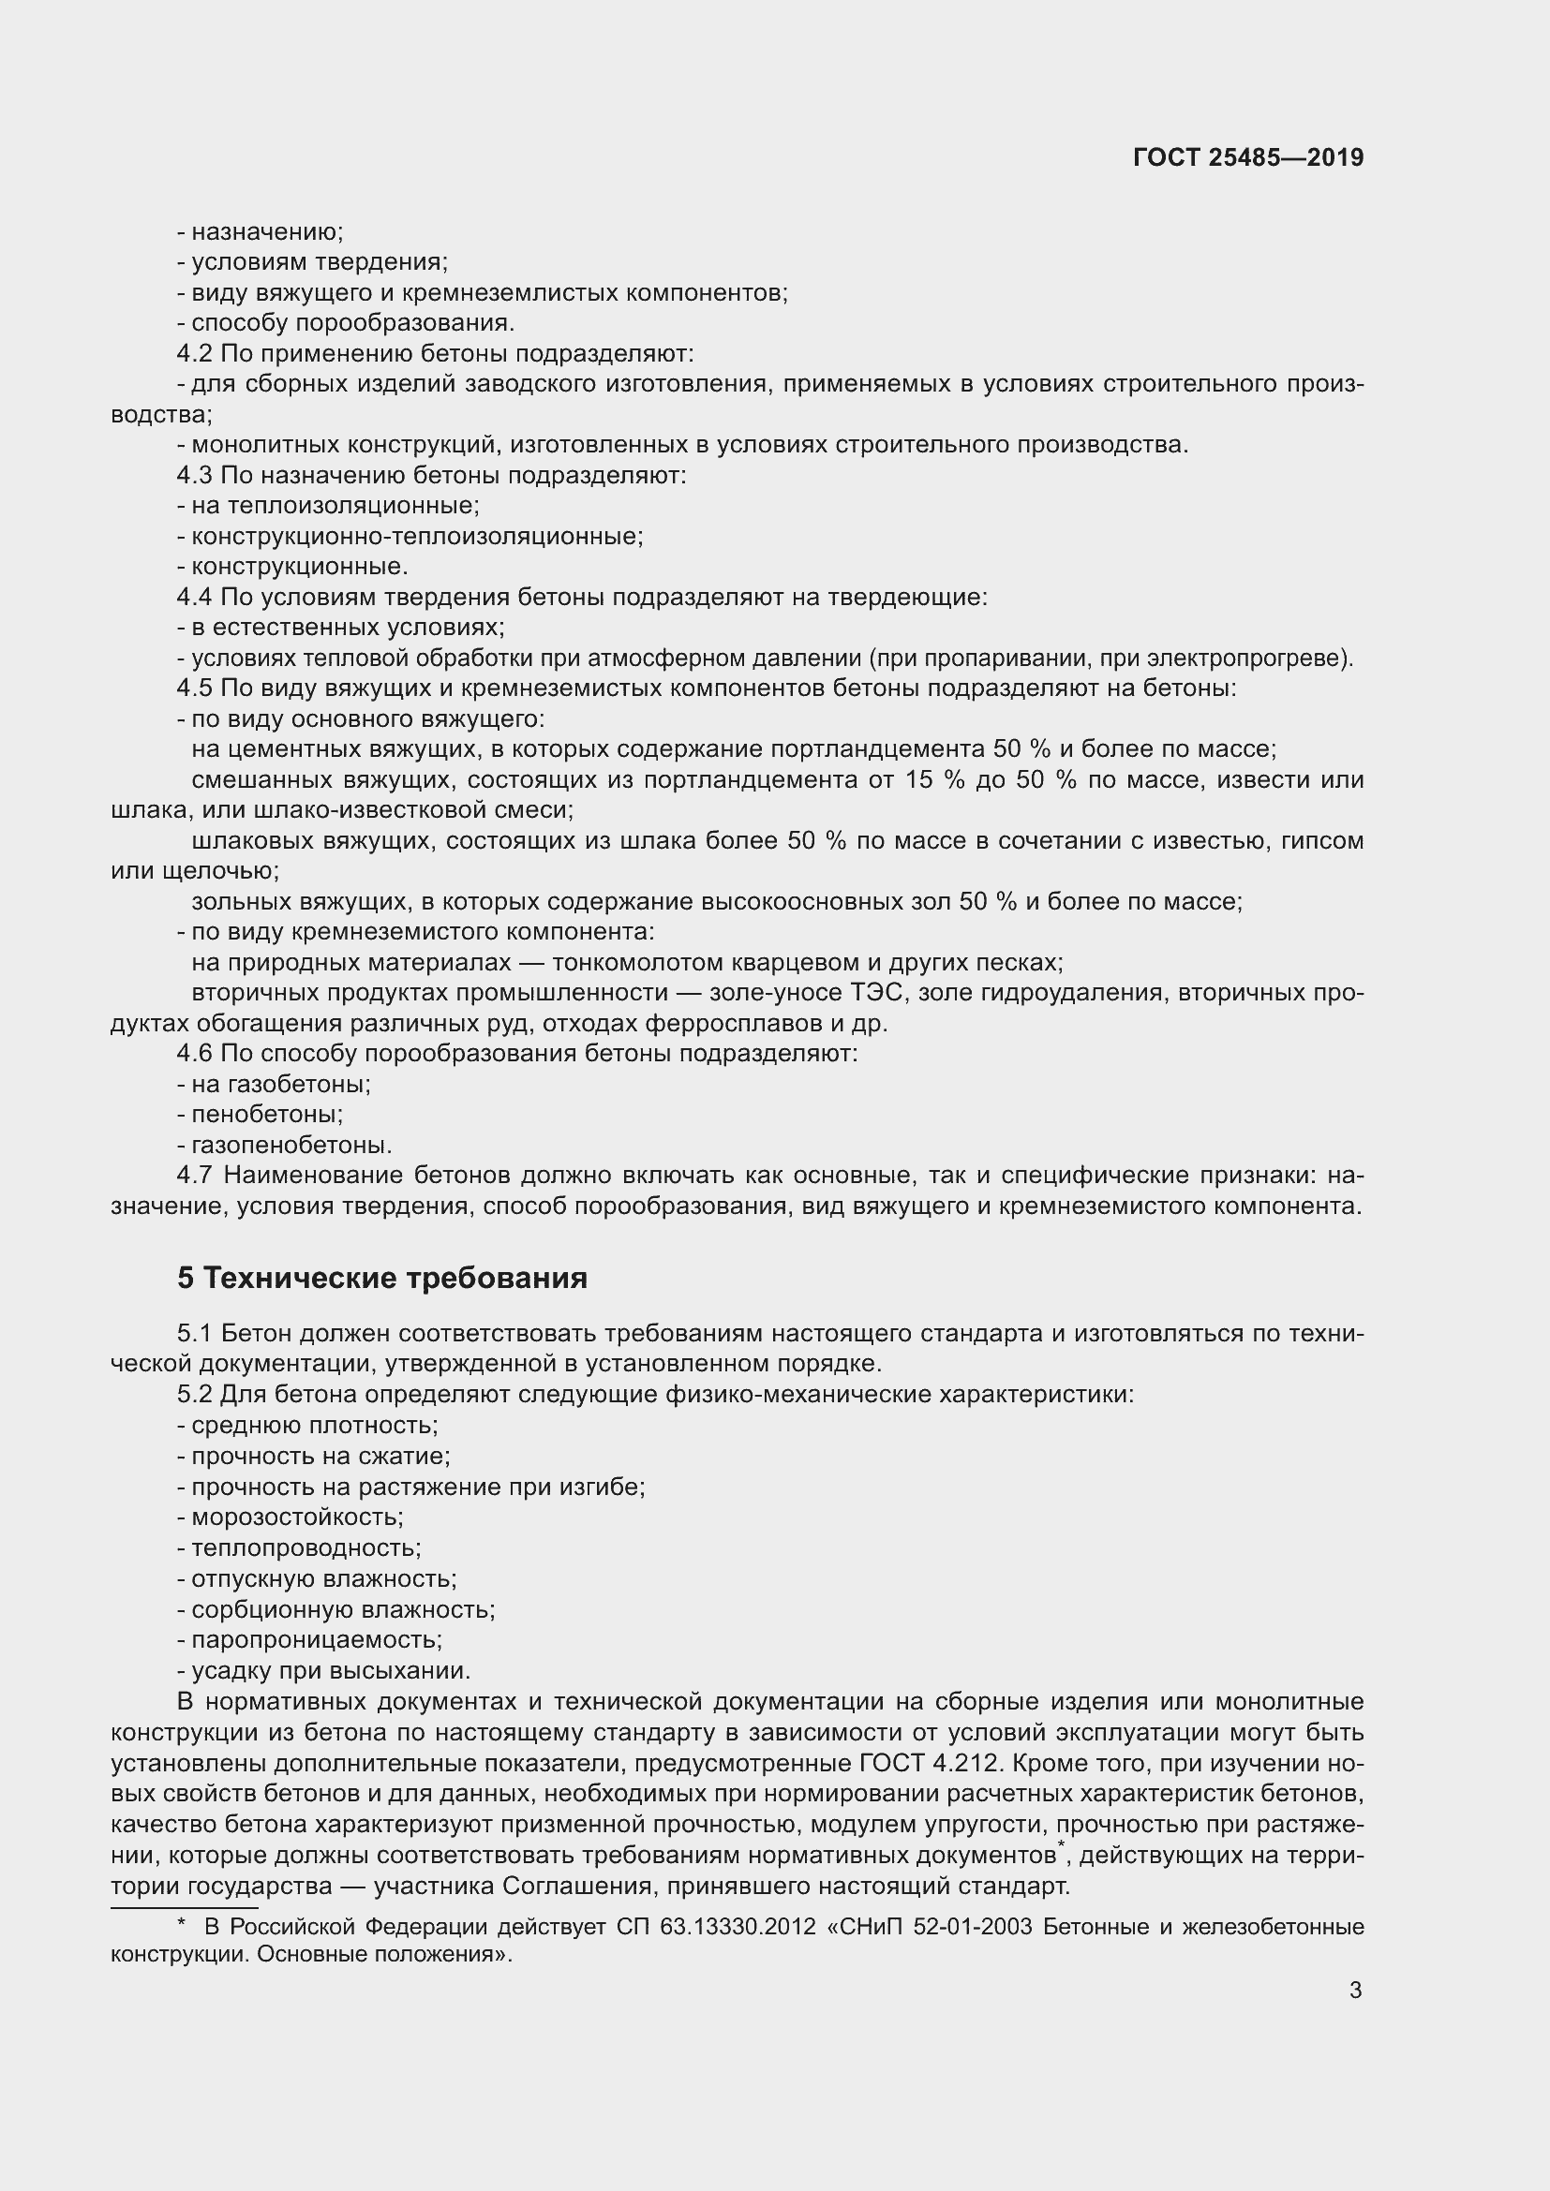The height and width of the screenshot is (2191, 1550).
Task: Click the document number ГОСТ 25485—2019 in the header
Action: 1247,157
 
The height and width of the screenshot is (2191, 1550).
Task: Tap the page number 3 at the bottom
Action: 1355,1991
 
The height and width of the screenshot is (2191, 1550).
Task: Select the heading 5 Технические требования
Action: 381,1278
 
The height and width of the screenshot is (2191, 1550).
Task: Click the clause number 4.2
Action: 194,354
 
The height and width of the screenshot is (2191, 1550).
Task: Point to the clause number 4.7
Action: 194,1176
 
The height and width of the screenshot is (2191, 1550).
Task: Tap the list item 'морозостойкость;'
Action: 297,1517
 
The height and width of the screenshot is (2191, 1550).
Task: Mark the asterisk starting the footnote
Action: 182,1925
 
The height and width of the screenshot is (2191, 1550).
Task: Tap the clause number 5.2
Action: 194,1395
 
